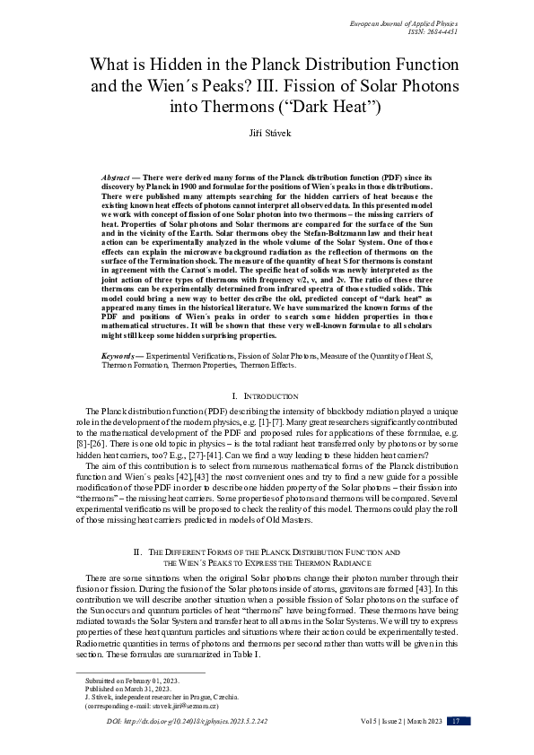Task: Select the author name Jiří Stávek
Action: click(x=267, y=132)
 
